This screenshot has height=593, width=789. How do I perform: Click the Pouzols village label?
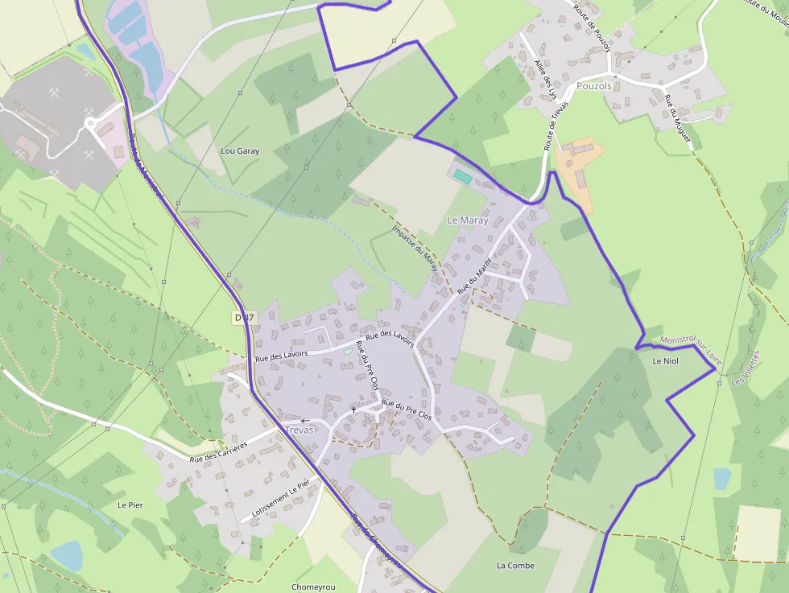[594, 86]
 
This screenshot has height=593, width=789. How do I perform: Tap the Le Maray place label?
[468, 220]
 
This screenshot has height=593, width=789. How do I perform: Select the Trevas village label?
[299, 430]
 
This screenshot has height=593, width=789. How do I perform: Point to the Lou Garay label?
[240, 150]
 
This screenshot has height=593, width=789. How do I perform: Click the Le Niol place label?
[666, 361]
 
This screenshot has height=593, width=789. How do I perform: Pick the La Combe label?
[515, 566]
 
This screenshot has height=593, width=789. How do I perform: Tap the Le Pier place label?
[130, 505]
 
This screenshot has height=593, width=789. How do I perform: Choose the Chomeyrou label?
[313, 587]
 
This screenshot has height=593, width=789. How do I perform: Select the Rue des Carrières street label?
[218, 452]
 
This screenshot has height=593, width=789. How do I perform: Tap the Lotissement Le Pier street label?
[280, 499]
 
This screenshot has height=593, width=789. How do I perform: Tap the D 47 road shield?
[244, 317]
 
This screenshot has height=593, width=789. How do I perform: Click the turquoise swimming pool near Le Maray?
[462, 175]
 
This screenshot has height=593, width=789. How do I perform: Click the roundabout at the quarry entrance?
[90, 124]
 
